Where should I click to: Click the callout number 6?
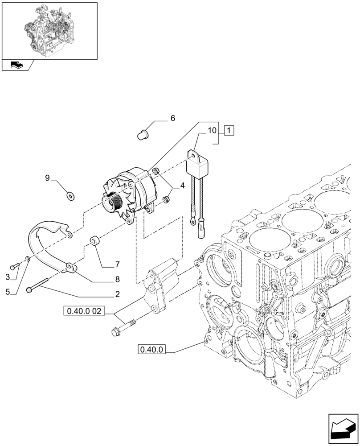coord(172,119)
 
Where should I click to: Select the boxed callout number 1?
coord(228,131)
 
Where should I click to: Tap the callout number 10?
coord(212,131)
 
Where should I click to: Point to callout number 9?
coord(47,178)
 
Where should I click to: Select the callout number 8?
coord(118,280)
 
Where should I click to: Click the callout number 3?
coord(8,277)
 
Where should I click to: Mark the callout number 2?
coord(117,294)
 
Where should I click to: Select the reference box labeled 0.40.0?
coord(152,350)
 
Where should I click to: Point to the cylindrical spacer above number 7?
coord(94,241)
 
